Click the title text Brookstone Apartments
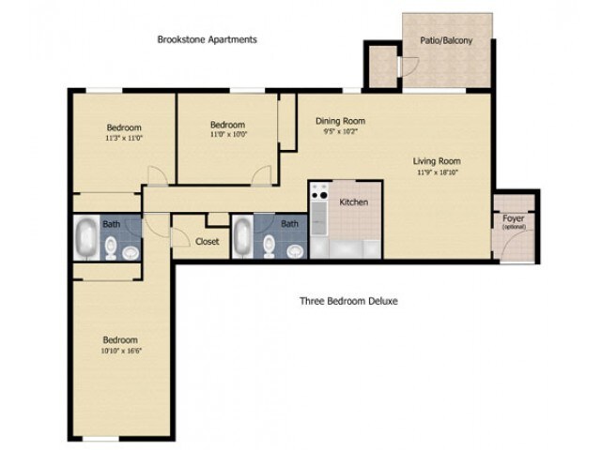(207, 39)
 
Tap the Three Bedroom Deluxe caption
(349, 301)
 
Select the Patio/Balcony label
(447, 40)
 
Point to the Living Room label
(437, 160)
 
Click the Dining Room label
(340, 121)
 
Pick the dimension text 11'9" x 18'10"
(437, 172)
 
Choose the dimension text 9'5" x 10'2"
(340, 133)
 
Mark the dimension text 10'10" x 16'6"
(121, 352)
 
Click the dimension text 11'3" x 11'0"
(123, 138)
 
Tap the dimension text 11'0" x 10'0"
(227, 136)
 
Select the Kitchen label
(352, 202)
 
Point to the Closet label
(207, 241)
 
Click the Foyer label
(514, 219)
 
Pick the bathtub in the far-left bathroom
(86, 239)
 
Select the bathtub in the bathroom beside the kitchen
(242, 238)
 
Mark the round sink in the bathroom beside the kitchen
(294, 250)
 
